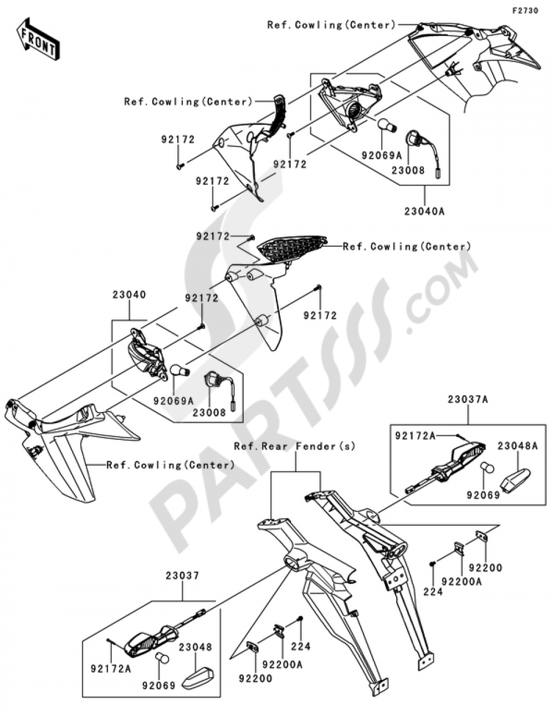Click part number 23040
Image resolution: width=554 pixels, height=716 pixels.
pyautogui.click(x=129, y=295)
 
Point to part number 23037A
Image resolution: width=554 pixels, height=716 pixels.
pyautogui.click(x=468, y=399)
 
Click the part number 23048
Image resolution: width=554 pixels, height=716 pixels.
pyautogui.click(x=195, y=647)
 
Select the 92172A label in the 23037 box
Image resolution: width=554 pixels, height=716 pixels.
pyautogui.click(x=111, y=669)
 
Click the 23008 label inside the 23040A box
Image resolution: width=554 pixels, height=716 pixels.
pyautogui.click(x=411, y=170)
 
